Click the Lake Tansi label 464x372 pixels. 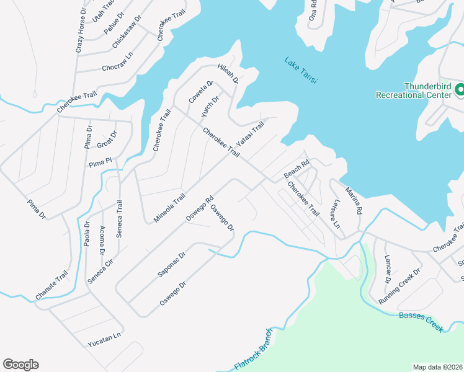(301, 70)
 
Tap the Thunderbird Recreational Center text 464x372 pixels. (413, 91)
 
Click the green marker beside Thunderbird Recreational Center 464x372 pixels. (460, 91)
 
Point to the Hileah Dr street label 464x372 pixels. (228, 73)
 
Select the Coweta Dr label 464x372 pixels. (201, 92)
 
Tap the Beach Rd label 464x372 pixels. (297, 170)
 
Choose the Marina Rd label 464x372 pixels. (353, 200)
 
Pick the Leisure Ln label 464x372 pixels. (337, 217)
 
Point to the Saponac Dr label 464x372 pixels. (172, 264)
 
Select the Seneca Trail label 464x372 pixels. (120, 220)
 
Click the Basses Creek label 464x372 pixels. (421, 322)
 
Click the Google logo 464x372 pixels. (20, 365)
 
